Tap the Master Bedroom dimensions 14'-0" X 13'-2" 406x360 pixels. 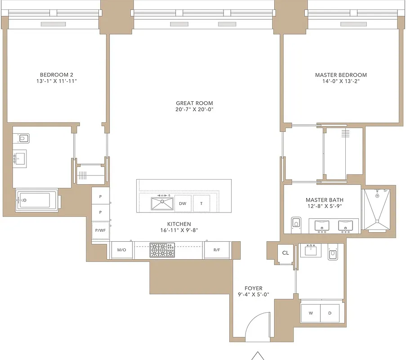340,81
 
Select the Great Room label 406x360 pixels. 194,103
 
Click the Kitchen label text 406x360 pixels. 179,224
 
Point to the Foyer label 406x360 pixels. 253,288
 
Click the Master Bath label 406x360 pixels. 322,200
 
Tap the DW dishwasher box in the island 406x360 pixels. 183,203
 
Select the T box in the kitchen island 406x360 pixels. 201,203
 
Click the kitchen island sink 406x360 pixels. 162,203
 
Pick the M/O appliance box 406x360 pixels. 121,250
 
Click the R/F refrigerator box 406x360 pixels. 217,250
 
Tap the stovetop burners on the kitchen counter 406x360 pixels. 162,250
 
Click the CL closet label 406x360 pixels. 285,253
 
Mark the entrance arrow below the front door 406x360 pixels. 258,355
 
